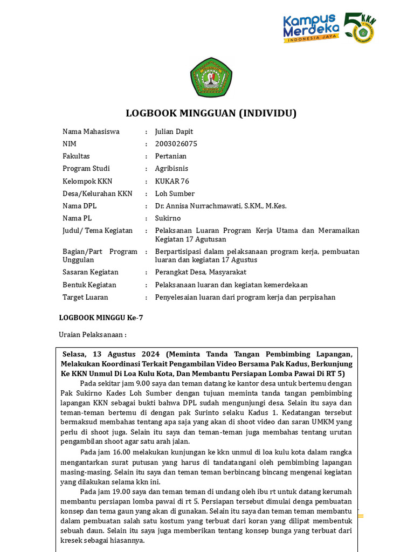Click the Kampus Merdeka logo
[x=311, y=29]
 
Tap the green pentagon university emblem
[x=211, y=77]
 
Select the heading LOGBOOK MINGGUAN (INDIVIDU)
[x=211, y=113]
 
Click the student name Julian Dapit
[x=174, y=132]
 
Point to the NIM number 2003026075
[x=176, y=144]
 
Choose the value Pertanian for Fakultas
[x=171, y=156]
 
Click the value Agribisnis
[x=172, y=169]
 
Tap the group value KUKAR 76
[x=172, y=181]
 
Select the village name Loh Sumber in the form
[x=175, y=194]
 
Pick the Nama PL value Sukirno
[x=168, y=218]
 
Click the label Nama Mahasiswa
[x=91, y=132]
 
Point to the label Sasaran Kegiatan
[x=90, y=272]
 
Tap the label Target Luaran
[x=85, y=297]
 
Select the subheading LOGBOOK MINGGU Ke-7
[x=101, y=318]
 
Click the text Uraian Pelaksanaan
[x=92, y=335]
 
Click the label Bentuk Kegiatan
[x=89, y=285]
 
